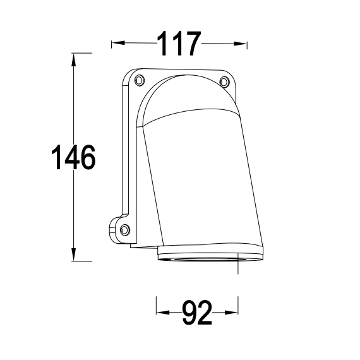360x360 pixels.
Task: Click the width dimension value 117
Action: [x=179, y=44]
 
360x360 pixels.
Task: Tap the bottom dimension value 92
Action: [x=196, y=312]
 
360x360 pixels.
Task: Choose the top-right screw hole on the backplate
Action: [x=224, y=80]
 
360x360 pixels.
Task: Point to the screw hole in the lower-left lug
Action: [x=124, y=229]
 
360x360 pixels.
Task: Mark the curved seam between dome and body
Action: [x=189, y=116]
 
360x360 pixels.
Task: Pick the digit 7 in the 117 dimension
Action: [x=191, y=44]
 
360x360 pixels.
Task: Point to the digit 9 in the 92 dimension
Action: [x=189, y=312]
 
